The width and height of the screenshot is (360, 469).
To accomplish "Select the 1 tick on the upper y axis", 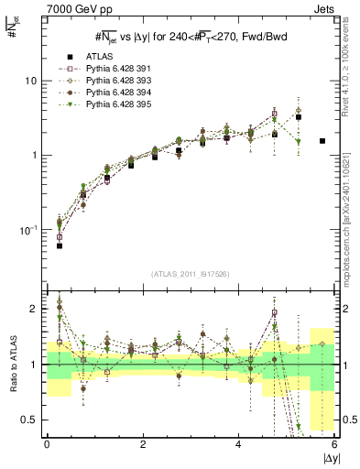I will point(35,155).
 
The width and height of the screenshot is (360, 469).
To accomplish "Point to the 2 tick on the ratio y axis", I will point(35,309).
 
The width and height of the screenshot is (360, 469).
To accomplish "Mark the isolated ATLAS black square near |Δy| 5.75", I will point(322,141).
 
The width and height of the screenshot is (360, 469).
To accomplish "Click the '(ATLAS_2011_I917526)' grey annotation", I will point(191,276).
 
